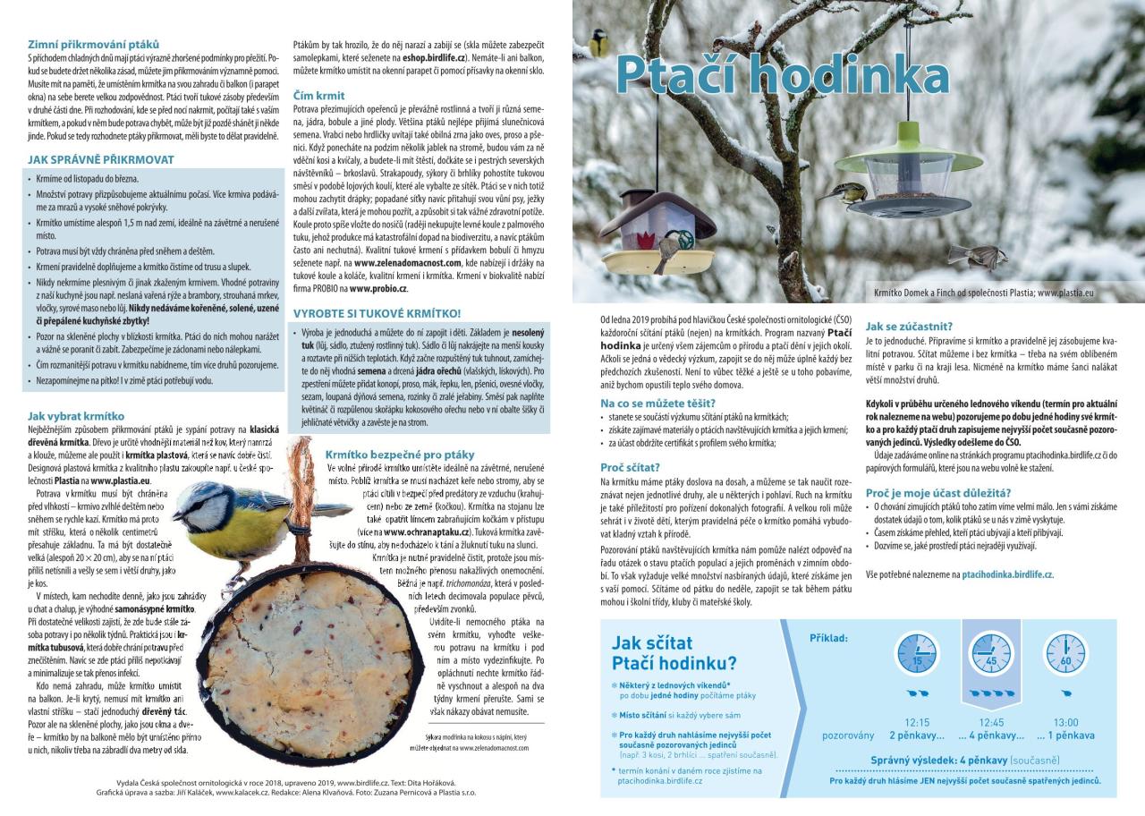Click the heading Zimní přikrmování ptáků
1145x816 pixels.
click(x=93, y=44)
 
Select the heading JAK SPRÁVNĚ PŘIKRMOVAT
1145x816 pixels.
click(x=100, y=160)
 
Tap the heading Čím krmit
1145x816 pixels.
click(x=318, y=95)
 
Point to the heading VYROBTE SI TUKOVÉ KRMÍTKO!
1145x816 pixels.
click(x=377, y=313)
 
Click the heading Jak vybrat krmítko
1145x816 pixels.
click(x=76, y=416)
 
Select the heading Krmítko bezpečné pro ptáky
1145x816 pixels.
click(x=400, y=454)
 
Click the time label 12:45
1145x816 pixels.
click(x=990, y=722)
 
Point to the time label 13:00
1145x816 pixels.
click(x=1064, y=722)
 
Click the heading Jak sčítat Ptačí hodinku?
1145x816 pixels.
click(x=674, y=652)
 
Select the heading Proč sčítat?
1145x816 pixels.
click(x=630, y=467)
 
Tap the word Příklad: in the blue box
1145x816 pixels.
click(x=828, y=638)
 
